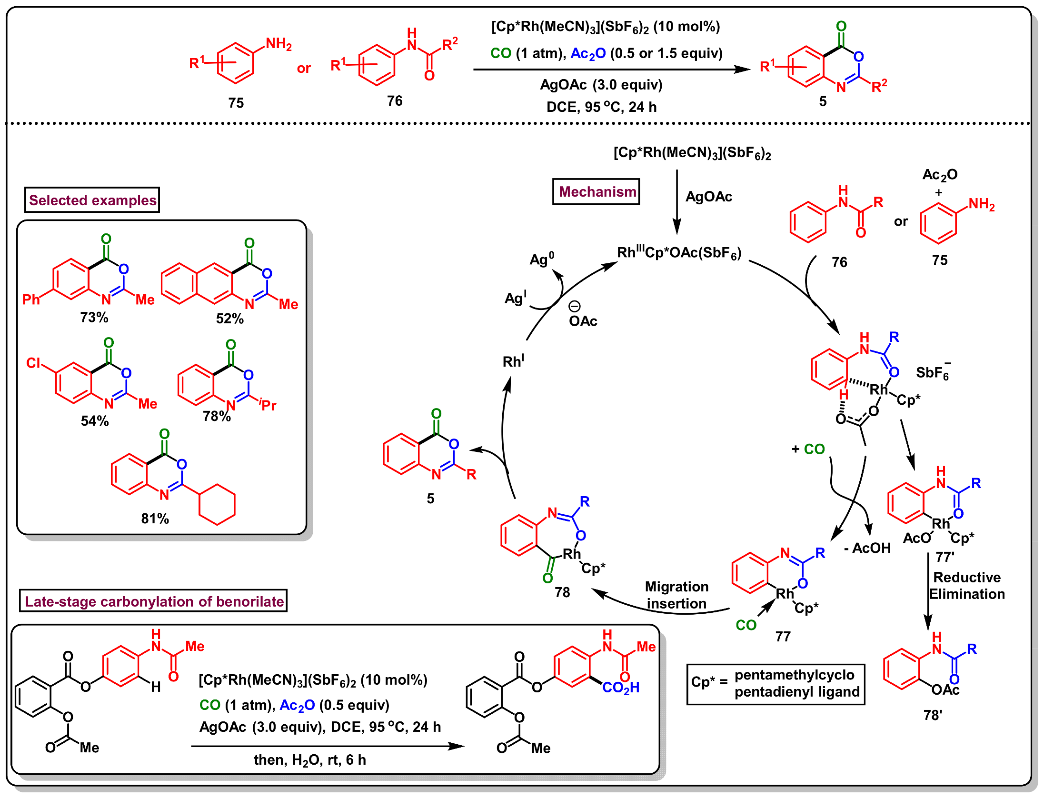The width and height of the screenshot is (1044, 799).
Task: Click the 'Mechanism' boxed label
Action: [x=597, y=192]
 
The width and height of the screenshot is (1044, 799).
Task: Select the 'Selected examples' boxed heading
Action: [x=92, y=200]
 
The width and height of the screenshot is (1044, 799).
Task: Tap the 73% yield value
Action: [x=94, y=318]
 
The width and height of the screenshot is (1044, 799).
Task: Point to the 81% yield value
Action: [x=155, y=519]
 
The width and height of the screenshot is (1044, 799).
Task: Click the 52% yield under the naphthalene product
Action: [x=230, y=319]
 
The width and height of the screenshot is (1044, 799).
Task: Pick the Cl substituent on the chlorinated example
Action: [x=33, y=363]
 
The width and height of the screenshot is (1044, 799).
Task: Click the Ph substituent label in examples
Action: [x=31, y=300]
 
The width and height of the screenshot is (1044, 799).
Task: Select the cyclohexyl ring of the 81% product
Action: [x=217, y=505]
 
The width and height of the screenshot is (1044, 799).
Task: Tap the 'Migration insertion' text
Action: [x=676, y=595]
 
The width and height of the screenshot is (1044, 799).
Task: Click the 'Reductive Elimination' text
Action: [x=967, y=586]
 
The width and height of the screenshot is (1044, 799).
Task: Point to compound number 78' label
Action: [x=933, y=716]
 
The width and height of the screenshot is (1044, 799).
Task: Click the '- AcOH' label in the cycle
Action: [x=867, y=548]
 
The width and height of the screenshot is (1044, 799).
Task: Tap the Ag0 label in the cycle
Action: [x=542, y=260]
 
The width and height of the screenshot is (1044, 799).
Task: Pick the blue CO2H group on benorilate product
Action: [x=621, y=688]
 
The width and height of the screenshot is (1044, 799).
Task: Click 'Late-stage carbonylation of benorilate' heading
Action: [x=154, y=601]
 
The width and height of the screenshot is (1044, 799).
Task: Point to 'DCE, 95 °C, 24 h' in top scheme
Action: [x=601, y=107]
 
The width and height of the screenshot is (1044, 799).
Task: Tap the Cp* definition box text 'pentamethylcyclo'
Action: [x=794, y=675]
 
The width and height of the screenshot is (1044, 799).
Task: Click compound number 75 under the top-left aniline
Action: [x=236, y=103]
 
